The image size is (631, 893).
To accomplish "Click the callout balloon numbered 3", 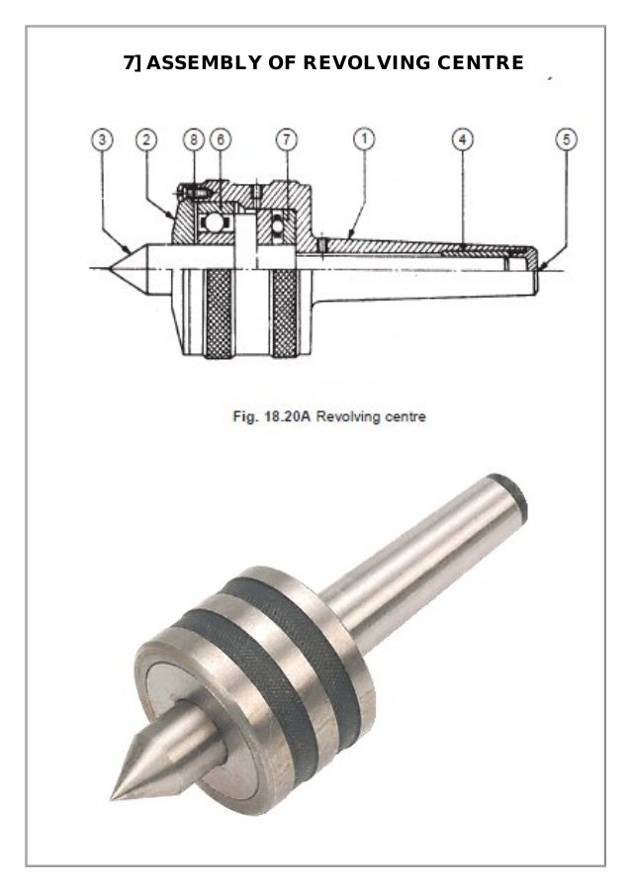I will click(x=103, y=139).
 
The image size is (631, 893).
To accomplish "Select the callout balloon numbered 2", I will click(x=146, y=139).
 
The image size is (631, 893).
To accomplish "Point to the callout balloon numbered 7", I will click(x=285, y=139).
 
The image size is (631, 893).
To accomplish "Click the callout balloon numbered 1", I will click(x=363, y=139).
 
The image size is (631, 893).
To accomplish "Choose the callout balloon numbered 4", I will click(x=461, y=139).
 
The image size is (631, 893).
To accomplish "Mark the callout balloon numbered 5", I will click(x=566, y=139).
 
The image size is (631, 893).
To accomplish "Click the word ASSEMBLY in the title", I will click(x=210, y=64).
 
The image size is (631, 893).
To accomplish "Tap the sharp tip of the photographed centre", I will click(x=115, y=794).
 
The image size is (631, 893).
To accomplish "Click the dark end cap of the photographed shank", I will click(x=513, y=497).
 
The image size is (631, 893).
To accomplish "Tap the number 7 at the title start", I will click(x=128, y=64).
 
